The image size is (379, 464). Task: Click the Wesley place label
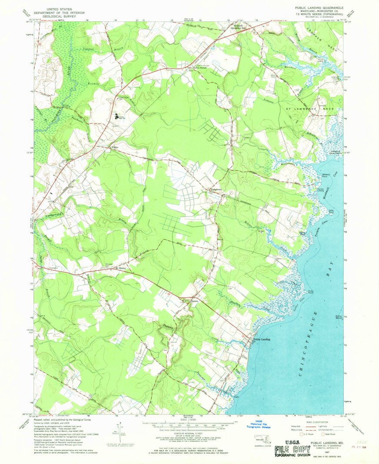click(x=115, y=147)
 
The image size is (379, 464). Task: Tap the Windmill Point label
click(x=326, y=176)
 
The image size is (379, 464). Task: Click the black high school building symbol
click(x=116, y=116)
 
